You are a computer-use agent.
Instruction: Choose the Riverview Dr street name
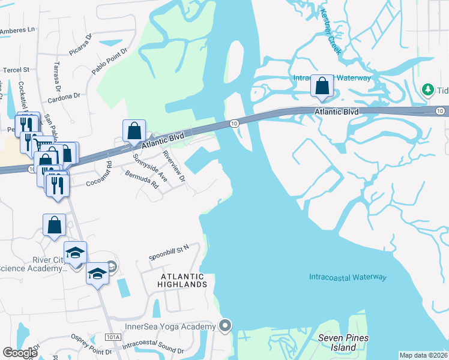click(x=174, y=167)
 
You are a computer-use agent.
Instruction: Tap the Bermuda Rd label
click(x=142, y=179)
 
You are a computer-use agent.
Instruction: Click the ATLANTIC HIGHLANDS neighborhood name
click(x=182, y=281)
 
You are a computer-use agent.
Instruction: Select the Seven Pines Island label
click(x=343, y=343)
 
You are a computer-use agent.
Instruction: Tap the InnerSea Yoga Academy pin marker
click(x=225, y=326)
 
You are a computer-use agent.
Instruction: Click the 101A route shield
click(x=113, y=337)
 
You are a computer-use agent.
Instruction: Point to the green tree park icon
click(x=428, y=89)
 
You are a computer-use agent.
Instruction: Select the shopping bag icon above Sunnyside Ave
click(x=134, y=130)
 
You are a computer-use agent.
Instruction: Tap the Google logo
click(x=20, y=353)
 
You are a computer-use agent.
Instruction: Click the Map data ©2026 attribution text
click(x=423, y=355)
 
